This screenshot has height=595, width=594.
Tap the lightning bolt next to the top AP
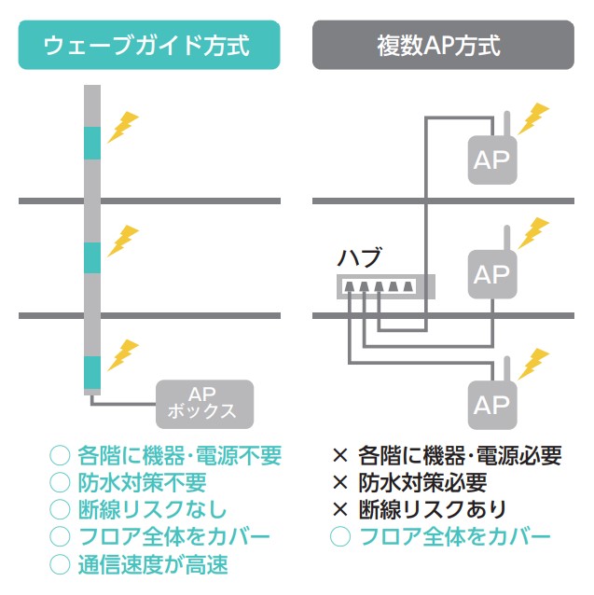click(533, 118)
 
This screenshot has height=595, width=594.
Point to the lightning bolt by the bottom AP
click(533, 363)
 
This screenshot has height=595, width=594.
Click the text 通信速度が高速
click(166, 563)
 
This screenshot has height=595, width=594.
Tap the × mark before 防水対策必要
click(340, 483)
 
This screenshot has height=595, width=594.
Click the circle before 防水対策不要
click(60, 483)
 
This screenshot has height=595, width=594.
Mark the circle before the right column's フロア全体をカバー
click(341, 536)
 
